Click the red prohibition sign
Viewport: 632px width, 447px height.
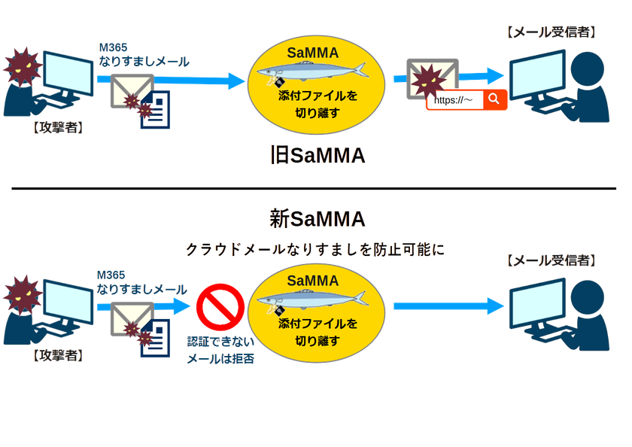(220, 307)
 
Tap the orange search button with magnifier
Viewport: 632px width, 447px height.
(494, 99)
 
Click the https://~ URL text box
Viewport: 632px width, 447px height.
(455, 100)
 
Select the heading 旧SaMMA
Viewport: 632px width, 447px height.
(318, 156)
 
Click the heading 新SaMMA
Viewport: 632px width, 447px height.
(318, 219)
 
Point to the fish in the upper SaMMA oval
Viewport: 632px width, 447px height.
(313, 71)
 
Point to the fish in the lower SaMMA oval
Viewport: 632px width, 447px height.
(313, 300)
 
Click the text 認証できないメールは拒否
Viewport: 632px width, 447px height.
(220, 350)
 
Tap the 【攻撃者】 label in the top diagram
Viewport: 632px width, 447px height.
(58, 128)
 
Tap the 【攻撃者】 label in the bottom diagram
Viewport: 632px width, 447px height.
(58, 355)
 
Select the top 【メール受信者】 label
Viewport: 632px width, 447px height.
(551, 32)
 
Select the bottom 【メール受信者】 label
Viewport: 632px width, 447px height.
(551, 260)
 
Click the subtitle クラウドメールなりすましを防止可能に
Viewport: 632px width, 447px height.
(314, 250)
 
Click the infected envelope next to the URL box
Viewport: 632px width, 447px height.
(432, 79)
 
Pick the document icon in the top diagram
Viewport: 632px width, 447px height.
(155, 110)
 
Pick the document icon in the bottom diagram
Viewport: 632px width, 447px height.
(155, 338)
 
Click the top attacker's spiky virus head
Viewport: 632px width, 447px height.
(23, 66)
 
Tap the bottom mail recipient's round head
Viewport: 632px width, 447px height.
(588, 296)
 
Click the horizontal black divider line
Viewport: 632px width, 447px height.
(314, 188)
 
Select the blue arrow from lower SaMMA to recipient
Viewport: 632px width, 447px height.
(448, 306)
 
